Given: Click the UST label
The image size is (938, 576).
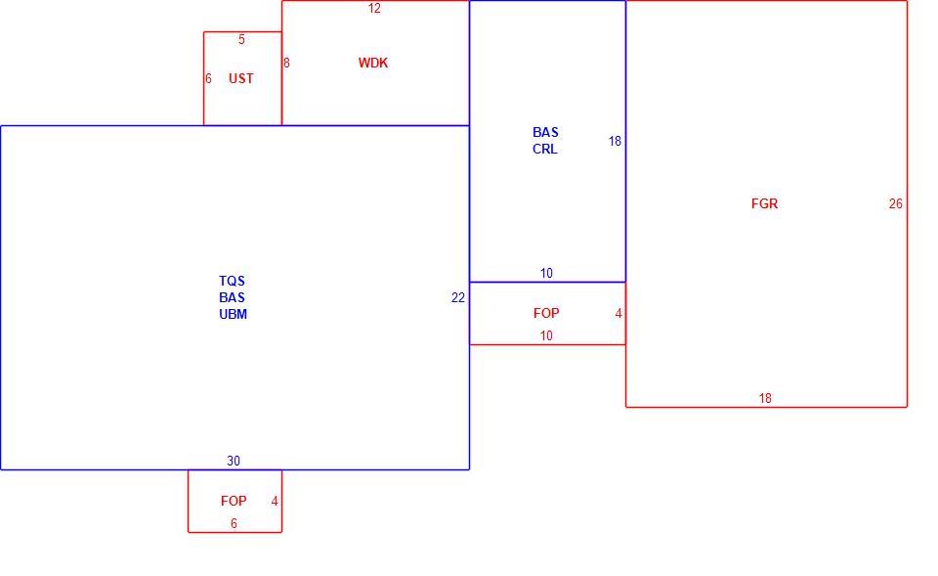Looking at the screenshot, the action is click(241, 78).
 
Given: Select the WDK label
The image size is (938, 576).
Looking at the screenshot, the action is click(373, 63).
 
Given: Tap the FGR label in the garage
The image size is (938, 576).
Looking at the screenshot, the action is click(764, 203).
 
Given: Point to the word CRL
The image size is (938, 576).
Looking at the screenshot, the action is click(545, 149).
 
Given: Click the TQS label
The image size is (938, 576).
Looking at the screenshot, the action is click(233, 281).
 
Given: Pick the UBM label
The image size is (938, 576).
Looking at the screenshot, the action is click(233, 314).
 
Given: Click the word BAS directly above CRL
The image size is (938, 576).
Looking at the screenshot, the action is click(545, 132).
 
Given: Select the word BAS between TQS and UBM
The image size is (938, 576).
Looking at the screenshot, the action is click(233, 297).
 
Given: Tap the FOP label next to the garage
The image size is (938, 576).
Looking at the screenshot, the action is click(546, 313).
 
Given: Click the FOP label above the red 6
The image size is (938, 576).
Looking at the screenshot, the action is click(234, 501).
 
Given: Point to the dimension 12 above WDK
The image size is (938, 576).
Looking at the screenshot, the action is click(374, 9).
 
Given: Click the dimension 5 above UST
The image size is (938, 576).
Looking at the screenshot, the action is click(241, 39).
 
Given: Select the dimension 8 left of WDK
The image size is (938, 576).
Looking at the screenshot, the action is click(286, 63).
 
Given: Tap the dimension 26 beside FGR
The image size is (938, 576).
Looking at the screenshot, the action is click(896, 204).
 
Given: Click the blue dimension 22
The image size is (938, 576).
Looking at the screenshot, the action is click(458, 298).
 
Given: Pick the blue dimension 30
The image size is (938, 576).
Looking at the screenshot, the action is click(234, 461).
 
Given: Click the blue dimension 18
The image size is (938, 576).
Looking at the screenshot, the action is click(615, 141).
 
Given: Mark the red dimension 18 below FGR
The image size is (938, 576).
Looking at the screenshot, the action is click(765, 399).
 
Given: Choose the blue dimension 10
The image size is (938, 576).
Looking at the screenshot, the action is click(546, 274).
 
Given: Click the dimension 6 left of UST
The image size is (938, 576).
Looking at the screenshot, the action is click(208, 79).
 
